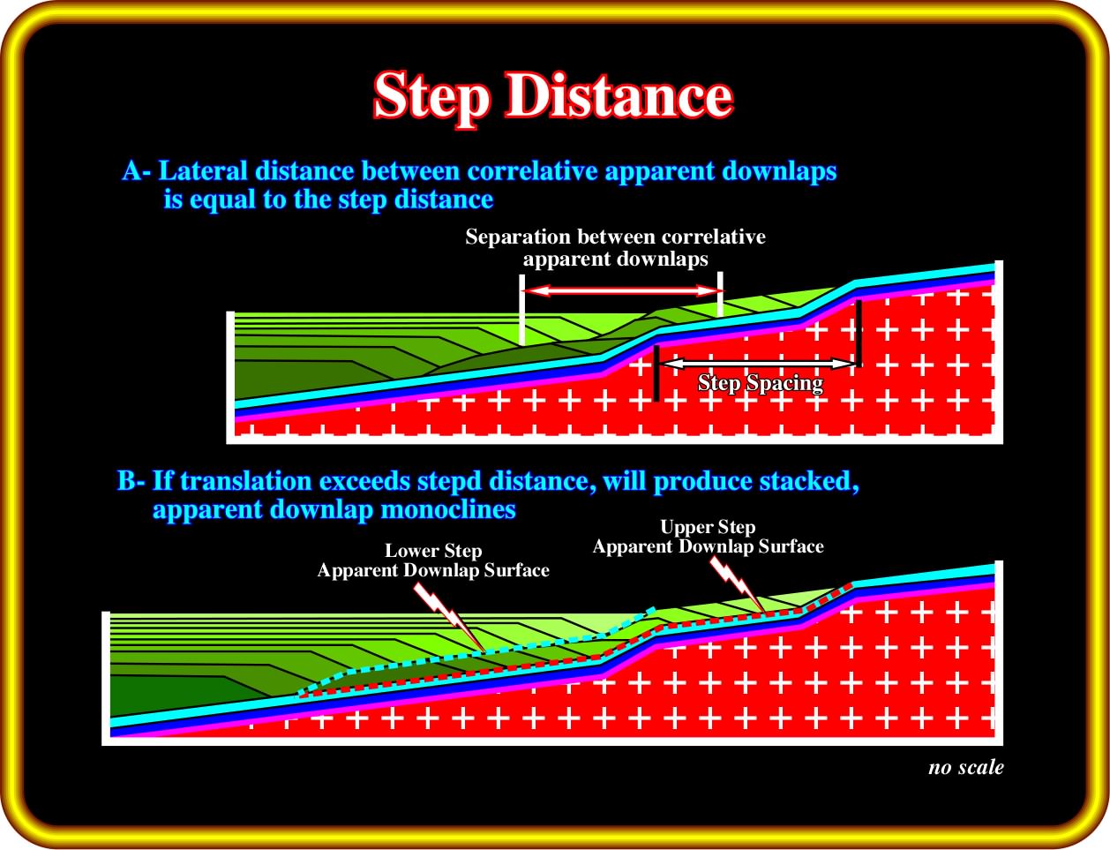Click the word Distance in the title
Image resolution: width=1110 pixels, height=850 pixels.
tap(619, 95)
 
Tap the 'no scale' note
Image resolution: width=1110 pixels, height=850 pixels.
tap(966, 768)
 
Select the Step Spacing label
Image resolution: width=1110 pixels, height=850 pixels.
tap(760, 384)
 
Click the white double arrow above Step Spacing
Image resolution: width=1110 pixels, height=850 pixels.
tap(758, 364)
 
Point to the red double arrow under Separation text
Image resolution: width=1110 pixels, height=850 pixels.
tap(622, 291)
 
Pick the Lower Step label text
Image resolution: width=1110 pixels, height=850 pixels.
tap(433, 551)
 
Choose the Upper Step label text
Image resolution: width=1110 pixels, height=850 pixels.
tap(708, 527)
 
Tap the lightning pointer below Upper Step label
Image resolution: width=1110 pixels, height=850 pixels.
tap(737, 584)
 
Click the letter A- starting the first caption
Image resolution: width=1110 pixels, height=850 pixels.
tap(137, 171)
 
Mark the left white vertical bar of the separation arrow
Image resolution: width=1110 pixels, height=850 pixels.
tap(522, 310)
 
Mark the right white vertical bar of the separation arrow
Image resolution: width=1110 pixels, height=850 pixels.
tap(720, 294)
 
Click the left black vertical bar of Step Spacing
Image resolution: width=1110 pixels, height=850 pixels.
tap(656, 373)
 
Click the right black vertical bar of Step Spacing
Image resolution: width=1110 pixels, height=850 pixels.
tap(859, 334)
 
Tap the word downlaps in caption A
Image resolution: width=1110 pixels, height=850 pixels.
tap(779, 171)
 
